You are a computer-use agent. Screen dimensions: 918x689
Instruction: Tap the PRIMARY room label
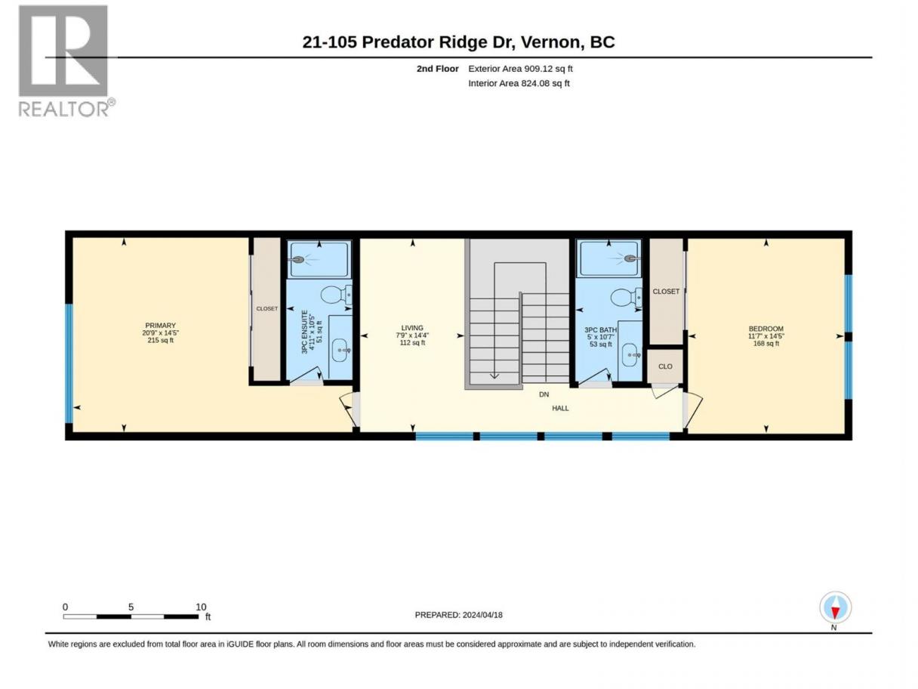pyautogui.click(x=160, y=326)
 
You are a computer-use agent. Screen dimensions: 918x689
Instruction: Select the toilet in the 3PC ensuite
pyautogui.click(x=337, y=295)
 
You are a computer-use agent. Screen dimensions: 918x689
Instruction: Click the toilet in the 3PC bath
pyautogui.click(x=627, y=298)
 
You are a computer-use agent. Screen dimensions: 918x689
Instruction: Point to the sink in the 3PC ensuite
pyautogui.click(x=341, y=350)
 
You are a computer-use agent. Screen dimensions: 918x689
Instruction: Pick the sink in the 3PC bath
pyautogui.click(x=630, y=355)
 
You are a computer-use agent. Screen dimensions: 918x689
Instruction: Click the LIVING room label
pyautogui.click(x=412, y=328)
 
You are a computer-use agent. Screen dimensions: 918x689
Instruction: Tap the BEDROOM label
pyautogui.click(x=766, y=329)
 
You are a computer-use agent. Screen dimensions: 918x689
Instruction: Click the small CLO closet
pyautogui.click(x=665, y=366)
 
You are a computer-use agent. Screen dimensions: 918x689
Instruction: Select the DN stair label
pyautogui.click(x=544, y=394)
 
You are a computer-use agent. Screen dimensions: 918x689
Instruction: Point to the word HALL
pyautogui.click(x=560, y=408)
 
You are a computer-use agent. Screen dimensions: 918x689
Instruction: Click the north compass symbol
pyautogui.click(x=835, y=607)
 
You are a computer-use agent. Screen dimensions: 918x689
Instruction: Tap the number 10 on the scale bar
pyautogui.click(x=201, y=607)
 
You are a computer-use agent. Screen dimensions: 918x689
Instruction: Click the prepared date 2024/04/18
pyautogui.click(x=482, y=615)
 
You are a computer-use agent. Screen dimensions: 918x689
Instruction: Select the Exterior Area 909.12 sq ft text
pyautogui.click(x=520, y=69)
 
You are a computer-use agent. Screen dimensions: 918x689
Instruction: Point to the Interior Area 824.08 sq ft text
pyautogui.click(x=519, y=83)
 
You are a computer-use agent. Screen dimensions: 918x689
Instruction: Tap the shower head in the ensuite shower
pyautogui.click(x=297, y=259)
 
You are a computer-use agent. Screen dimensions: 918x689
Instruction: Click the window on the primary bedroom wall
pyautogui.click(x=69, y=363)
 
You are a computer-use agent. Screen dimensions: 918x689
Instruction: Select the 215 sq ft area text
pyautogui.click(x=160, y=341)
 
